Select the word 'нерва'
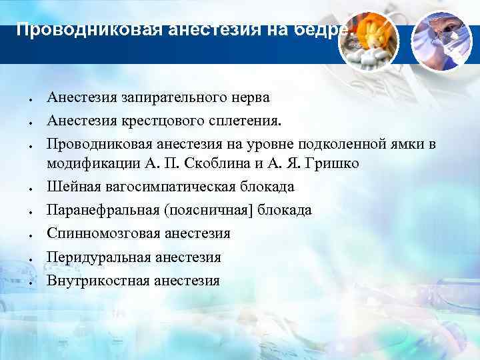click(250, 97)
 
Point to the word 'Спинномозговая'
click(98, 233)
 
